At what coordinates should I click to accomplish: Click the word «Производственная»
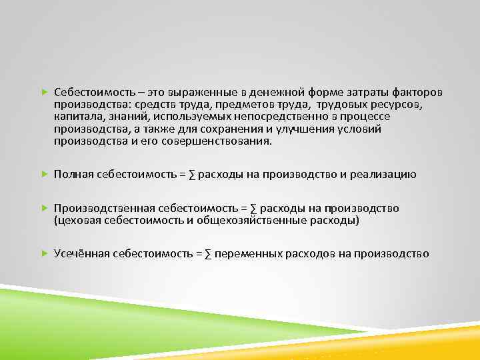[98, 208]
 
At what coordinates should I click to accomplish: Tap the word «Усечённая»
[81, 254]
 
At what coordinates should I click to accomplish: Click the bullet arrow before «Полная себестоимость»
[44, 175]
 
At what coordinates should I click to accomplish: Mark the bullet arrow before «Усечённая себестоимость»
[44, 254]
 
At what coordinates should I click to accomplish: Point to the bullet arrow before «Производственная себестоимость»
[44, 208]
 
